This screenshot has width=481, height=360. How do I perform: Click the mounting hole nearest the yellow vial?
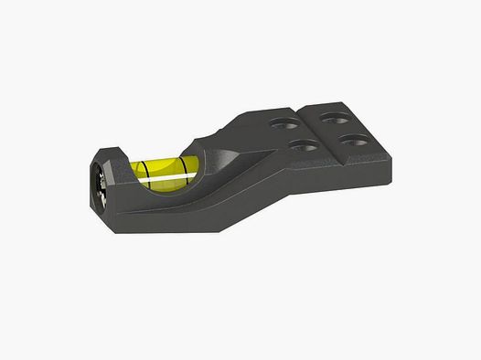click(x=298, y=145)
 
